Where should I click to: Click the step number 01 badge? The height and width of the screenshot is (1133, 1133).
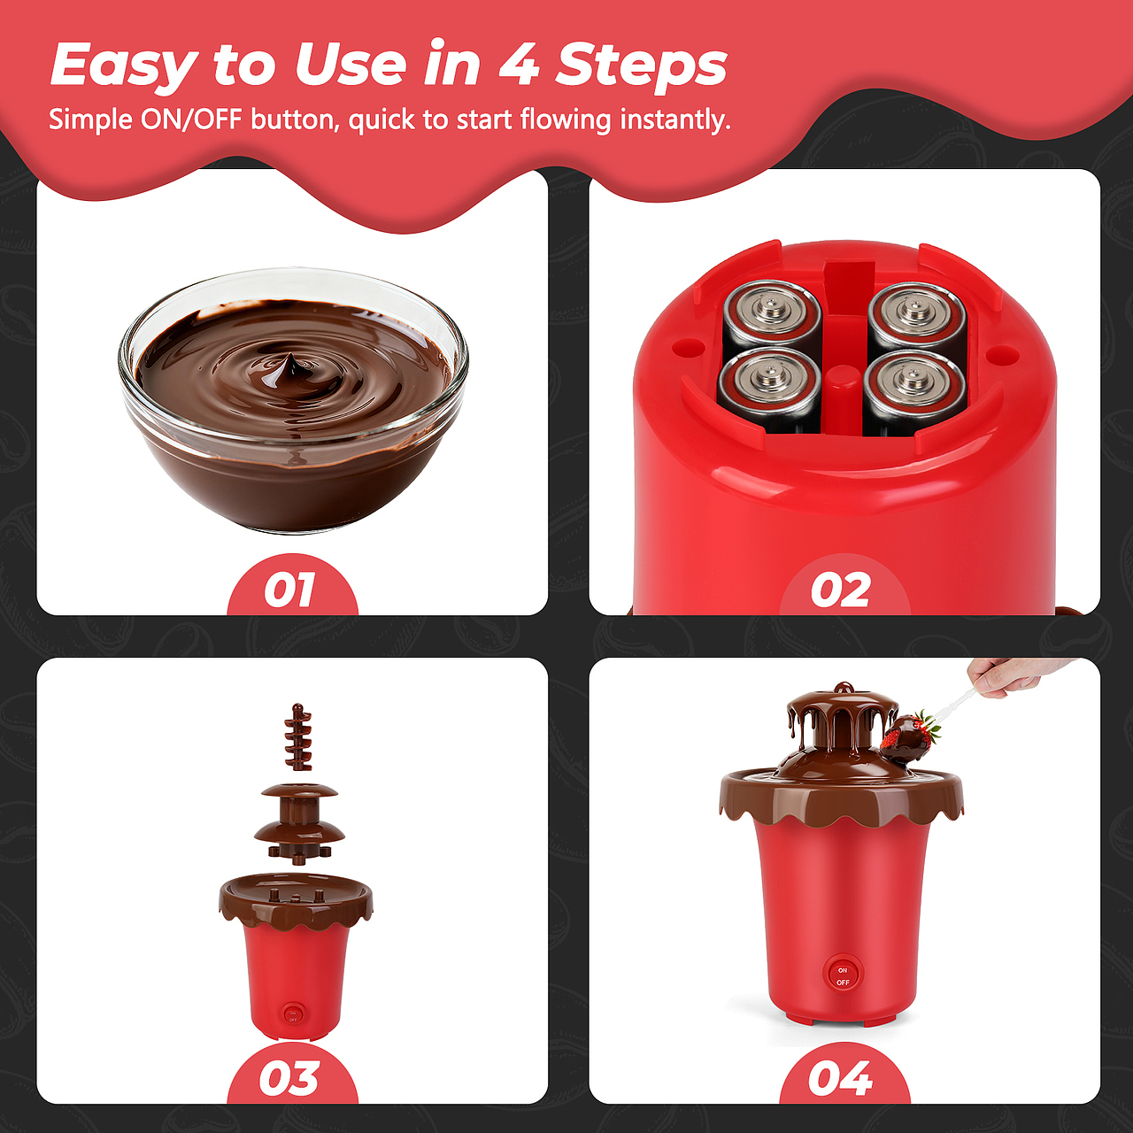pyautogui.click(x=292, y=588)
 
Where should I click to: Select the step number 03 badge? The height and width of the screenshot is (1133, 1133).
pyautogui.click(x=292, y=1077)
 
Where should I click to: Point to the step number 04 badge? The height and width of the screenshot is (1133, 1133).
pyautogui.click(x=844, y=1077)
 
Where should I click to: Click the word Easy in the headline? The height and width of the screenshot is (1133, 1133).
pyautogui.click(x=125, y=65)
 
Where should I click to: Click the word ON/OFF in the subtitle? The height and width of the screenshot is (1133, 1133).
pyautogui.click(x=191, y=119)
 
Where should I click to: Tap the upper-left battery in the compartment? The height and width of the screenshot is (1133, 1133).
pyautogui.click(x=771, y=312)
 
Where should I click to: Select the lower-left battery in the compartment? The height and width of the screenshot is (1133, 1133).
pyautogui.click(x=768, y=386)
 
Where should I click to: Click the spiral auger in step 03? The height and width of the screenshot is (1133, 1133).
pyautogui.click(x=297, y=736)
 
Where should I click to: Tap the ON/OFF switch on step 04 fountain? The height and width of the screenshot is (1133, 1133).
pyautogui.click(x=843, y=976)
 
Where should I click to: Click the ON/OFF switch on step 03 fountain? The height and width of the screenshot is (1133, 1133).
pyautogui.click(x=293, y=1015)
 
